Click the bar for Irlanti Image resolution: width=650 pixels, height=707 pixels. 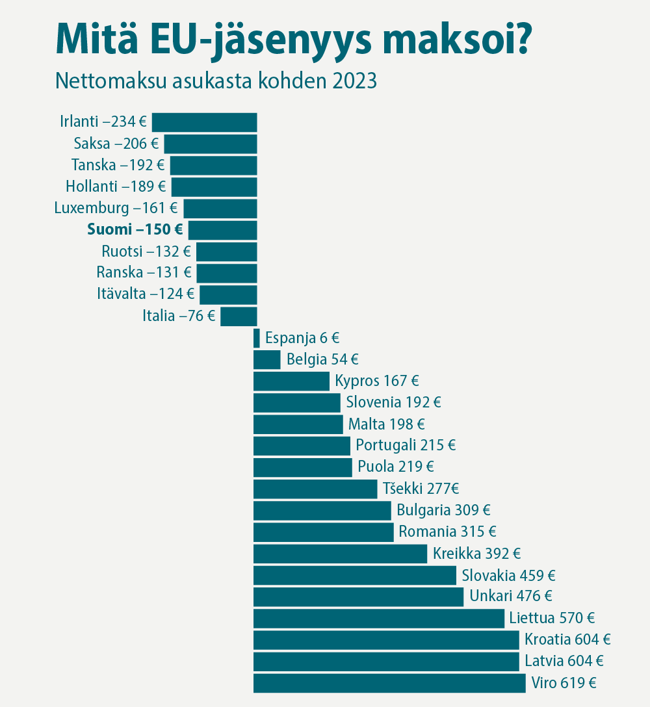204,122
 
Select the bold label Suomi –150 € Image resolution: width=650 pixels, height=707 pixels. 135,230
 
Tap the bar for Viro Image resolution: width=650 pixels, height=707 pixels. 389,683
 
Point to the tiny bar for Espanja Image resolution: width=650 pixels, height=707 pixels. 257,338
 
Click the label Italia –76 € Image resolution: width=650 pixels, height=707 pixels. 179,316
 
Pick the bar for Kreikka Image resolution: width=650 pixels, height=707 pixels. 340,554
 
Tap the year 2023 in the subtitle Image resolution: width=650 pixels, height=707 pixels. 355,81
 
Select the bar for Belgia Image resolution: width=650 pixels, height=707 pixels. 266,359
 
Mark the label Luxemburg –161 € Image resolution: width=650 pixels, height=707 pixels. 116,209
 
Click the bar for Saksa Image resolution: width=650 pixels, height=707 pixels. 210,144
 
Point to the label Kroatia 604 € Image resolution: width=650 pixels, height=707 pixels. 567,640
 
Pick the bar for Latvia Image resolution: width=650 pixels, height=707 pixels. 386,662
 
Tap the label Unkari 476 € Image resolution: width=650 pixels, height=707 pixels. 510,597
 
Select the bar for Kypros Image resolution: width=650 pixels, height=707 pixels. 291,381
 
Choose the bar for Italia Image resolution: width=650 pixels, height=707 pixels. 239,316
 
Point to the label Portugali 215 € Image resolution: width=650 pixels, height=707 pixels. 406,446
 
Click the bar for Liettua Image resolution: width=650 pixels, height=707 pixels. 378,619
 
